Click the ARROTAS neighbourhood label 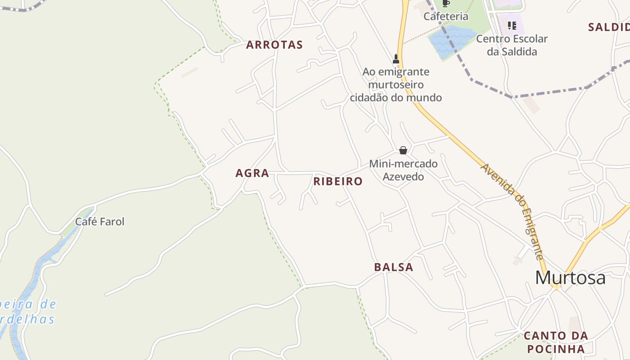tap(274, 45)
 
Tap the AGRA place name tap(252, 173)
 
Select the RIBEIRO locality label tap(337, 181)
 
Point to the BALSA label tap(393, 267)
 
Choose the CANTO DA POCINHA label tap(556, 342)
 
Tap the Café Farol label tap(99, 221)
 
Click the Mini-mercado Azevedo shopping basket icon tap(403, 150)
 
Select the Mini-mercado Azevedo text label tap(403, 170)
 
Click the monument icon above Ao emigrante tap(396, 58)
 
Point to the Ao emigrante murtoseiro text tap(396, 85)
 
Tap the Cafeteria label tap(446, 17)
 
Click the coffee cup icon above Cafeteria tap(446, 4)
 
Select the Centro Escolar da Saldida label tap(512, 45)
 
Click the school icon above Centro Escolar tap(512, 25)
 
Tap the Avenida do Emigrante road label tap(513, 211)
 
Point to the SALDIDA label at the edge tap(609, 27)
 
